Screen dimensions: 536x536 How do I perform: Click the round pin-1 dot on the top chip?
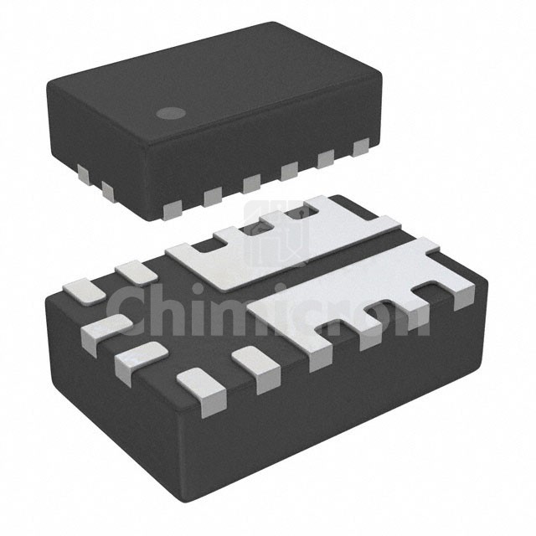point(171,114)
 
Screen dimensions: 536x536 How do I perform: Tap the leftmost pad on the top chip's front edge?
point(173,209)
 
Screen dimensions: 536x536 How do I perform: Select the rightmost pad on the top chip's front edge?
point(361,147)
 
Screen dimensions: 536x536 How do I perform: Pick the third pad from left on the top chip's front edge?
point(252,183)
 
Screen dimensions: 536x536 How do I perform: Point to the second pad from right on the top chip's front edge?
point(326,159)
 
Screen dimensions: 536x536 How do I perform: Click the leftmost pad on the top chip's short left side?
point(83,175)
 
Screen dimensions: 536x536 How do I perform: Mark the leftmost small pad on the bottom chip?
point(85,291)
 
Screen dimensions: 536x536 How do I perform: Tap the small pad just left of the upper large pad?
point(136,272)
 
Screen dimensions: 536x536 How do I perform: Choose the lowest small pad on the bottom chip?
point(202,391)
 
